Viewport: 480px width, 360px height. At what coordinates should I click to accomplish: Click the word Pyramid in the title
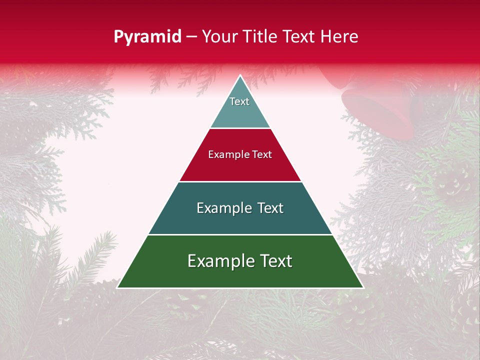147,37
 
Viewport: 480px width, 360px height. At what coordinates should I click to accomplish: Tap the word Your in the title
220,36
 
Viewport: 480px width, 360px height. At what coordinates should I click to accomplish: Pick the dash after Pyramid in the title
191,37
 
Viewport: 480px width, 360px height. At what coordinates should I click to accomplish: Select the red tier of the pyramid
240,167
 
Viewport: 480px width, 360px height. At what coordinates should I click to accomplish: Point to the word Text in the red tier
261,155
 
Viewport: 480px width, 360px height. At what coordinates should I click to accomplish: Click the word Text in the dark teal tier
270,208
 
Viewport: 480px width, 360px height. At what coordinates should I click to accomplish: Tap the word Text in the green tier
275,261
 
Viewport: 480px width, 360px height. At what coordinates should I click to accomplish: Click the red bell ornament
380,107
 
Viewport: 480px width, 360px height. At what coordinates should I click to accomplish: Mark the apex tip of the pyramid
240,76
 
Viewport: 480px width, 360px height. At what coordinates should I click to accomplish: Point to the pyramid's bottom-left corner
118,287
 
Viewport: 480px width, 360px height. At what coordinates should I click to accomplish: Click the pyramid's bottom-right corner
362,287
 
